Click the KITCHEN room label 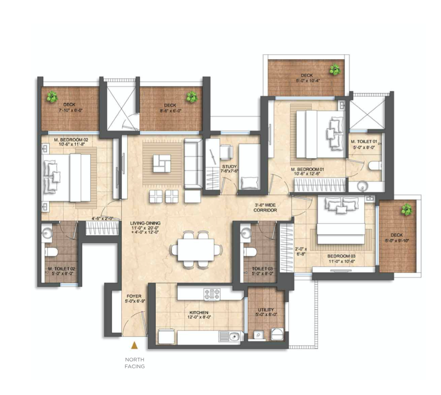tap(199, 312)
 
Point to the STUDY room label tap(229, 166)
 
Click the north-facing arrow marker tap(134, 346)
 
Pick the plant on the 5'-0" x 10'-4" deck tap(335, 70)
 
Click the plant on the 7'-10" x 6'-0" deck tap(52, 97)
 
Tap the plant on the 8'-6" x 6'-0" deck tap(191, 97)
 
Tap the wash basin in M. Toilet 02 tap(47, 233)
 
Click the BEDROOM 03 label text tap(340, 257)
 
